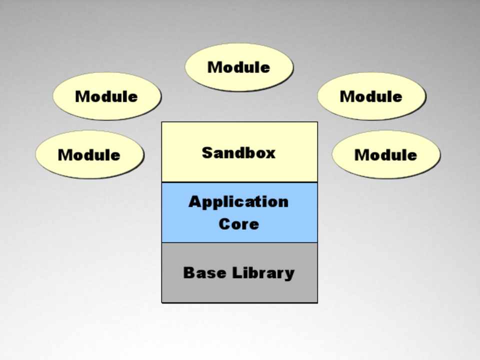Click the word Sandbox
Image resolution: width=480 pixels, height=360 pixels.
[x=238, y=152]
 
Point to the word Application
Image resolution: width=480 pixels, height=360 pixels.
[x=238, y=202]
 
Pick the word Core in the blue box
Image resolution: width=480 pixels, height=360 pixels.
[x=238, y=223]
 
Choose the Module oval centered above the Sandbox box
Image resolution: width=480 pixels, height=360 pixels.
[x=239, y=67]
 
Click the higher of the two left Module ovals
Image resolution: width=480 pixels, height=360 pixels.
[x=106, y=96]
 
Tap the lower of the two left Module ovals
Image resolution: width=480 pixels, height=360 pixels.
[x=89, y=154]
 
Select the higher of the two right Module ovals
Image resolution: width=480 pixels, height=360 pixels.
[x=371, y=96]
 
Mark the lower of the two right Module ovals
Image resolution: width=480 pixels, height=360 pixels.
[x=385, y=154]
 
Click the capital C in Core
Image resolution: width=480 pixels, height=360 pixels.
[x=224, y=223]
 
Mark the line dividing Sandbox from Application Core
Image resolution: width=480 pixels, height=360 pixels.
[x=239, y=182]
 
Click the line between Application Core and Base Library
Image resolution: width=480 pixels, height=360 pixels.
[x=239, y=242]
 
